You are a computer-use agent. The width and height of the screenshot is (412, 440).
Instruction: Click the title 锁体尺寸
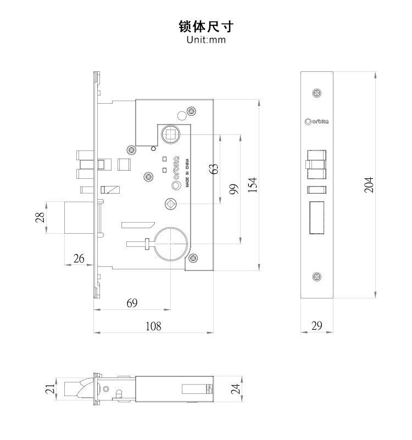[x=207, y=26]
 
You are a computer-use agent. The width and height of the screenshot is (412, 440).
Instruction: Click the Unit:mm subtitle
[x=207, y=40]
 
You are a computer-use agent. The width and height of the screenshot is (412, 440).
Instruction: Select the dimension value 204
[x=369, y=184]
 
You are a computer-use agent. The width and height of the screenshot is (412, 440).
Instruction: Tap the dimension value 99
[x=233, y=189]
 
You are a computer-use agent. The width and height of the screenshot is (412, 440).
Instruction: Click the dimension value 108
[x=153, y=326]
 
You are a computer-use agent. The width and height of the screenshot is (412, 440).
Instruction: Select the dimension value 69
[x=132, y=303]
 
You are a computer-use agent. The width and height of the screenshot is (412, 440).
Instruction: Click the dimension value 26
[x=79, y=258]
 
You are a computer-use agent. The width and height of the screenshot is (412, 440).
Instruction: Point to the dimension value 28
[x=40, y=217]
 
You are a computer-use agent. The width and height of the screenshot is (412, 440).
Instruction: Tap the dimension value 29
[x=317, y=325]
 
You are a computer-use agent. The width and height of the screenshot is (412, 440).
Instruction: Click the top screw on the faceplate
[x=316, y=93]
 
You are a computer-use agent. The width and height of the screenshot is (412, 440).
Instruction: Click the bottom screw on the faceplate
[x=316, y=276]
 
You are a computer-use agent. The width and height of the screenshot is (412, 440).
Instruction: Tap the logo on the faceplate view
[x=317, y=122]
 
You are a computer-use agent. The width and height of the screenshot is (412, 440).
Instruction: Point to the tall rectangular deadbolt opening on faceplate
[x=317, y=218]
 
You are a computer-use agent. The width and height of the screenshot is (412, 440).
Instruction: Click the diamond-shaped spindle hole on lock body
[x=170, y=204]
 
